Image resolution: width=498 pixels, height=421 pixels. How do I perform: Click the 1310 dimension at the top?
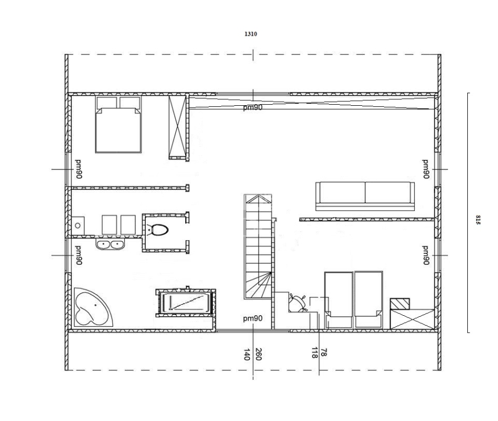[250, 34]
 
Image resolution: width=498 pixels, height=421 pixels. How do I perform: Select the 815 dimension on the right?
[477, 220]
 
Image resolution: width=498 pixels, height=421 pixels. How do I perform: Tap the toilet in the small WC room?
[158, 230]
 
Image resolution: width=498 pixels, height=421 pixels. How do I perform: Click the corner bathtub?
[93, 306]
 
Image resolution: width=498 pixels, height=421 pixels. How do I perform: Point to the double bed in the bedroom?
[118, 124]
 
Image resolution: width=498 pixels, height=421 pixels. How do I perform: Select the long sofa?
[365, 196]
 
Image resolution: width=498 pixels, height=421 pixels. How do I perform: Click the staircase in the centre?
[258, 247]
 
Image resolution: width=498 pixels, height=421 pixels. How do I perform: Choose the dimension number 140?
[247, 354]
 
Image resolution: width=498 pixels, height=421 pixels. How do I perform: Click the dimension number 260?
[258, 354]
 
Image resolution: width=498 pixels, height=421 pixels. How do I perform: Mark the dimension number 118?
[314, 352]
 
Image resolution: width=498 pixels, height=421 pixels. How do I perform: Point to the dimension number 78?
[324, 352]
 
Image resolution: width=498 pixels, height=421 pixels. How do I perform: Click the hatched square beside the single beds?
[399, 304]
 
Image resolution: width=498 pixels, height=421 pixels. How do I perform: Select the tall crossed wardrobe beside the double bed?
[177, 127]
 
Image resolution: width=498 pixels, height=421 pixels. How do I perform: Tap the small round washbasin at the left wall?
[78, 226]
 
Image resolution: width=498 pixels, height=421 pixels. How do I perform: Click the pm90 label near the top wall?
[253, 107]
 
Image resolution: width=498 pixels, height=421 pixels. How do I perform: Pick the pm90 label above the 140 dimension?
[253, 318]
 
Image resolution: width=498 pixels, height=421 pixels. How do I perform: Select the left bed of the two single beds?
[339, 300]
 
